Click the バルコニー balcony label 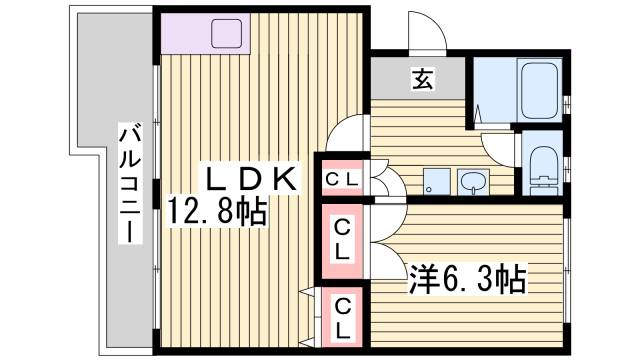point(130,184)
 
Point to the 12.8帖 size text point(217,212)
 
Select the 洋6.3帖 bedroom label point(467,277)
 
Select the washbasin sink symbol point(472,181)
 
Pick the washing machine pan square point(435,181)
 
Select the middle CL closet point(342,240)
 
